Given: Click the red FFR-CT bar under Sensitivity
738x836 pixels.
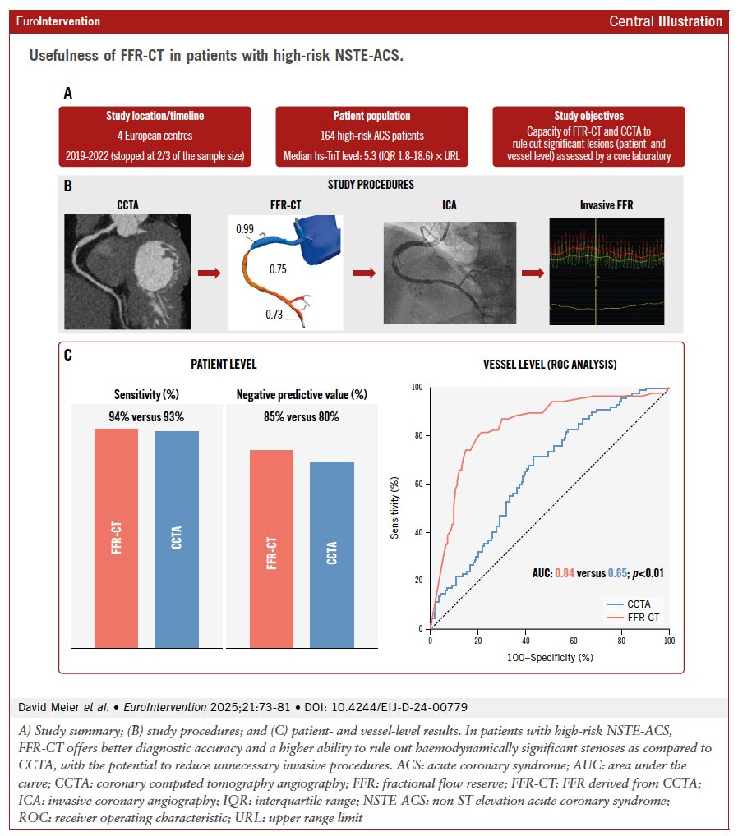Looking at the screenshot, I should (117, 538).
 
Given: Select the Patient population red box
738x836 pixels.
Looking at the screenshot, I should (371, 136).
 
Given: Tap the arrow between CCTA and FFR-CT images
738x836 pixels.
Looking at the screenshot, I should (210, 273).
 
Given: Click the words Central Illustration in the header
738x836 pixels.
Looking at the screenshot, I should (666, 21).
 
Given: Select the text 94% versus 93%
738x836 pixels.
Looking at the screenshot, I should (146, 416).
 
